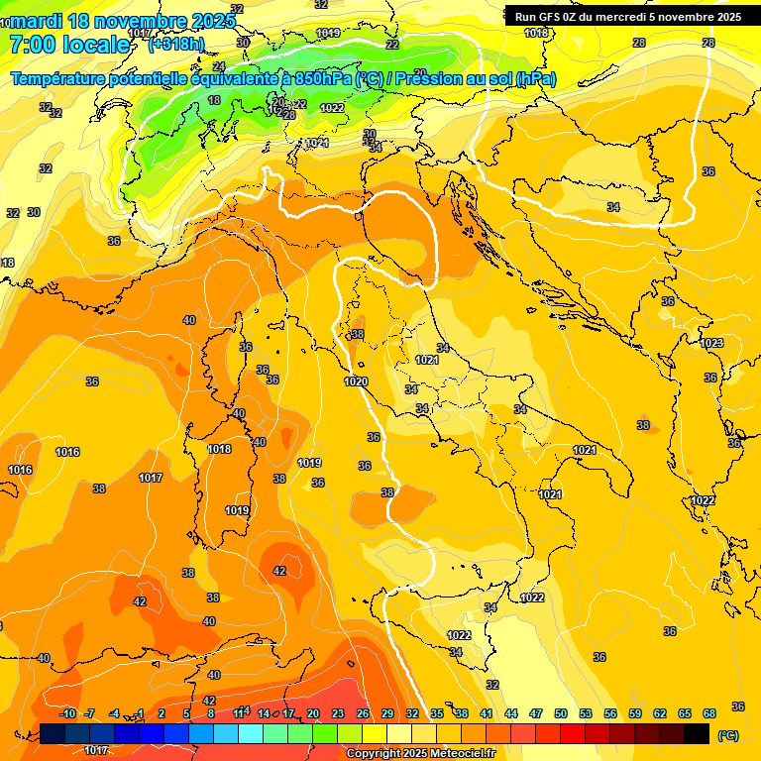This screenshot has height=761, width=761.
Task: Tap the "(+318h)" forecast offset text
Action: pos(175,44)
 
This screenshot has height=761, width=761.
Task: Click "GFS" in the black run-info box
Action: pos(552,17)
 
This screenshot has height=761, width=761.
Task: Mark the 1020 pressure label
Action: pos(356,382)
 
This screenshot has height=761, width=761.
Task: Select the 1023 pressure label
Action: pos(711,343)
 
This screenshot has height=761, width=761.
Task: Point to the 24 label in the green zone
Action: pos(219,66)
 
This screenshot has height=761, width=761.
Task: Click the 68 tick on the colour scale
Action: pos(709,713)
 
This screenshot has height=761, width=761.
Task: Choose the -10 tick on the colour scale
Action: pos(68,713)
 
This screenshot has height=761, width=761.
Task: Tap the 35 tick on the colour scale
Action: pos(437,713)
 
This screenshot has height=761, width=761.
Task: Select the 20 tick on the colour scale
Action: pos(313,713)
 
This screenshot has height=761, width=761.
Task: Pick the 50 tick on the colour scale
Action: pos(561,713)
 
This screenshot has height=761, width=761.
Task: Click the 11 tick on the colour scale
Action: pos(239,713)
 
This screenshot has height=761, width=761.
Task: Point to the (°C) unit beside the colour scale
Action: pos(728,735)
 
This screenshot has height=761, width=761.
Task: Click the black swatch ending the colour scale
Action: pos(697,733)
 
